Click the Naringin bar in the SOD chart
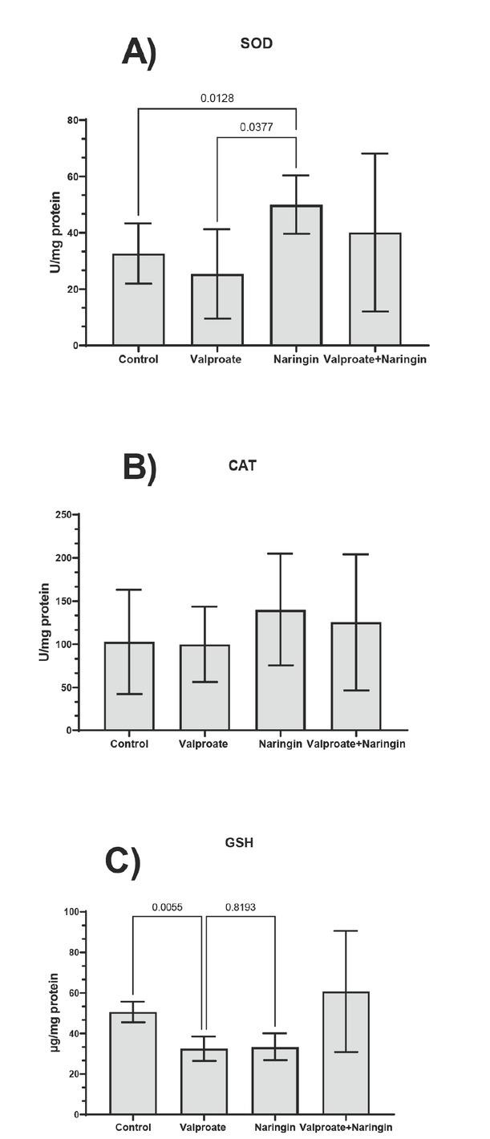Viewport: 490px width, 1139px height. pos(296,276)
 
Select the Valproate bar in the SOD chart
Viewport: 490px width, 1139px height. pos(217,310)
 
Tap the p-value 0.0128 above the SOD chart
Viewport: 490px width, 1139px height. pos(217,99)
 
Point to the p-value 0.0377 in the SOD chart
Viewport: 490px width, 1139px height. pos(257,127)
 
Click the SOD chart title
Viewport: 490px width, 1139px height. pos(257,43)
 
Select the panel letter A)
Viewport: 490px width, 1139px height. pos(139,52)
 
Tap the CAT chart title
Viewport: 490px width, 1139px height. pos(242,464)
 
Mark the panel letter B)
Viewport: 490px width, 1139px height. pos(139,468)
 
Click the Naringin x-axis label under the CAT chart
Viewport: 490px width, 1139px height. pos(280,744)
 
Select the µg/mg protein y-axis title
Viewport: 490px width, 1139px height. pos(53,1013)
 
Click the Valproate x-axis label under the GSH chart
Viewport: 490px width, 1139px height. pos(205,1127)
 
